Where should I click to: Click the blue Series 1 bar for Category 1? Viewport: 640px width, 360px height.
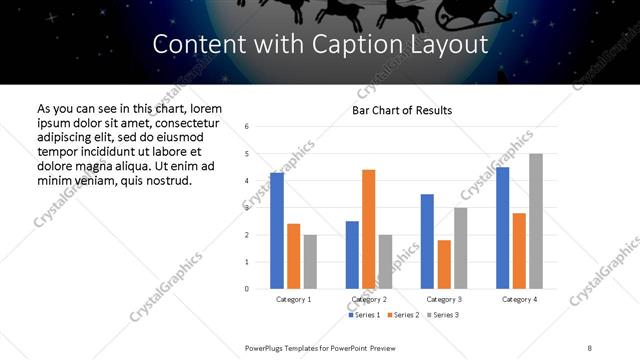[277, 231]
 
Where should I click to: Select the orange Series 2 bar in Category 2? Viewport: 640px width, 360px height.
[368, 229]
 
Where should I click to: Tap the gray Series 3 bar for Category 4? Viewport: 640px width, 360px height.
[536, 221]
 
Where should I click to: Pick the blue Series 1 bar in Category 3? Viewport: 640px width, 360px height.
[427, 241]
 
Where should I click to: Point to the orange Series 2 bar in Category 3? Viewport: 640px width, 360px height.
[444, 264]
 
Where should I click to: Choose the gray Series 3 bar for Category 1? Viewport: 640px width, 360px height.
[310, 262]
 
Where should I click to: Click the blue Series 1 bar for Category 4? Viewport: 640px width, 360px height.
[502, 228]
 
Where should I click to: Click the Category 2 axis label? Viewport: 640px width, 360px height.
[369, 299]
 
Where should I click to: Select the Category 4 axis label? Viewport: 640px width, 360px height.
[519, 299]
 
